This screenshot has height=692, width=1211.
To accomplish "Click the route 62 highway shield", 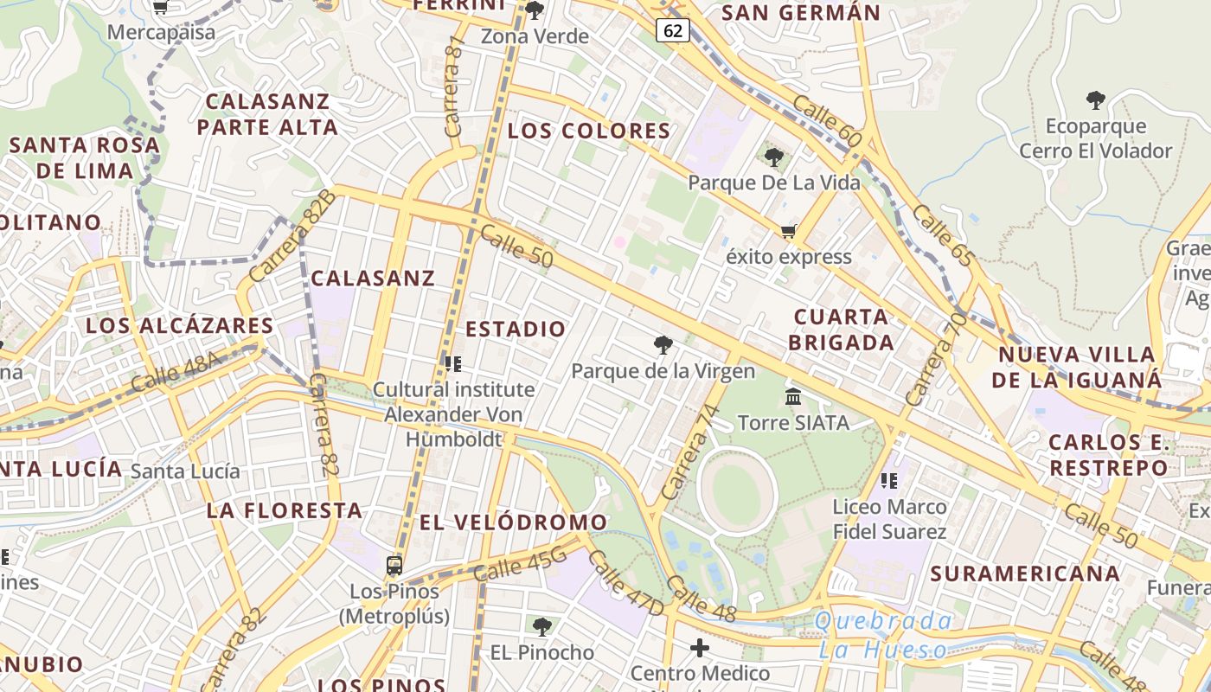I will [x=673, y=31].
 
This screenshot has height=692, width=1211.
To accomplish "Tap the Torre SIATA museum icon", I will [x=793, y=396].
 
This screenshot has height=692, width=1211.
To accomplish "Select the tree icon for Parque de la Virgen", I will [x=663, y=345].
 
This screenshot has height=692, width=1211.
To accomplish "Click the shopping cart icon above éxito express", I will [x=788, y=231].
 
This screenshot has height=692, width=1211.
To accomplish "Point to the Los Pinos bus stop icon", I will [x=394, y=566].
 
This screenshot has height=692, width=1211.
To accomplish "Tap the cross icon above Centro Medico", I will [x=700, y=647].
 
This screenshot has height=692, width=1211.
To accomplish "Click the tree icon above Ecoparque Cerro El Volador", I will [x=1096, y=99].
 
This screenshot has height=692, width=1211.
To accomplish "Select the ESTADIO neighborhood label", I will [x=516, y=330].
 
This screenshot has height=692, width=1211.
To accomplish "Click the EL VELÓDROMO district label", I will [x=514, y=522].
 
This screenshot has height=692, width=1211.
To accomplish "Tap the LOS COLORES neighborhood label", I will [x=589, y=131].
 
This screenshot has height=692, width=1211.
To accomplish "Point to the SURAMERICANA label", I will [x=1025, y=573].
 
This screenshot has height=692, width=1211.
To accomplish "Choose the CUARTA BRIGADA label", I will [x=841, y=330].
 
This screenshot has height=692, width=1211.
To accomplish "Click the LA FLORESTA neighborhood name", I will [x=284, y=510].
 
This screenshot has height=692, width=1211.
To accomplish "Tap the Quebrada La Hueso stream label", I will [x=883, y=635].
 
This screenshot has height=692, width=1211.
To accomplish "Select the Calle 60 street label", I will [x=827, y=121].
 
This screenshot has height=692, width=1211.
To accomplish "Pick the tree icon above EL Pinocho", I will [x=542, y=626].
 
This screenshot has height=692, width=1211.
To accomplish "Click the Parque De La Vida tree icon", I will [x=774, y=157].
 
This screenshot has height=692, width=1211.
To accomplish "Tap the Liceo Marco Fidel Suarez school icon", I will [x=889, y=480].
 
